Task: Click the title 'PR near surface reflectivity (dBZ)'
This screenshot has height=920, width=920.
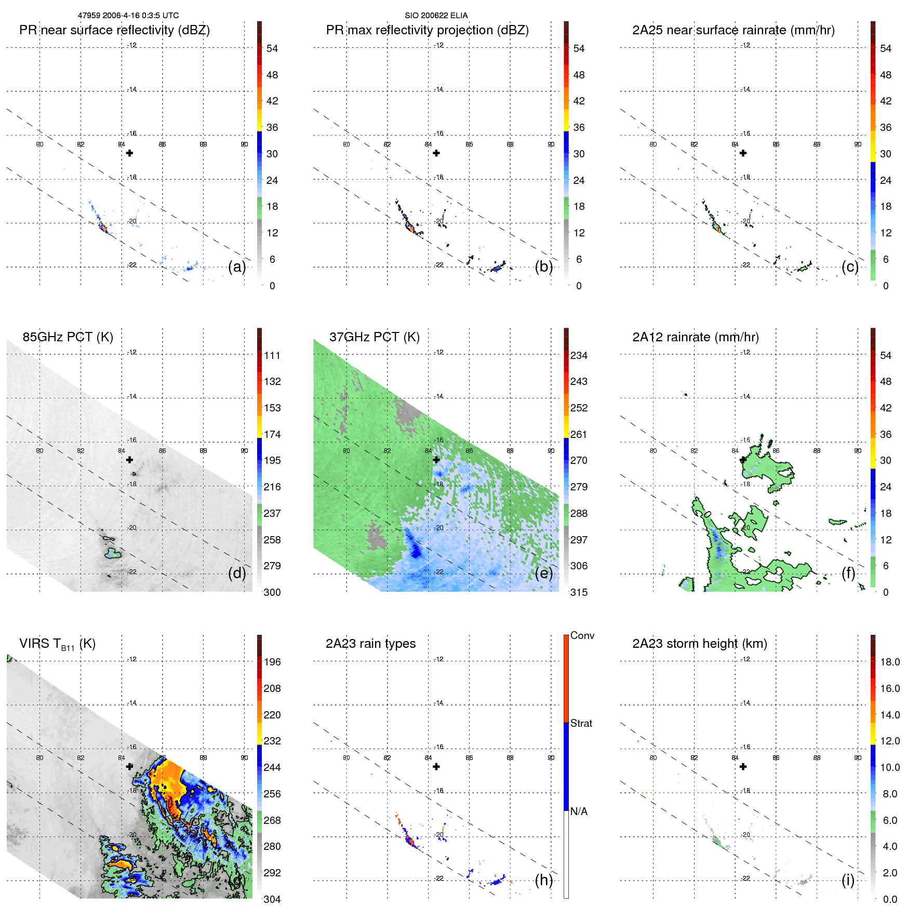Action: [114, 30]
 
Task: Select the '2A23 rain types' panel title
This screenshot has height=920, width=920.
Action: [370, 644]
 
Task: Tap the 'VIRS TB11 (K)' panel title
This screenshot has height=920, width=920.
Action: [57, 644]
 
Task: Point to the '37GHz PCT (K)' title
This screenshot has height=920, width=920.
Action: [374, 337]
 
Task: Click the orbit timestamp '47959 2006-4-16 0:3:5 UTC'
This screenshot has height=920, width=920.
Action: [128, 16]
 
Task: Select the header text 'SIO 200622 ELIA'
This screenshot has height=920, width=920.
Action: [436, 16]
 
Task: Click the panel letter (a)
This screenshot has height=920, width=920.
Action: [237, 266]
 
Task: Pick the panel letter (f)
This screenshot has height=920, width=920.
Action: [848, 573]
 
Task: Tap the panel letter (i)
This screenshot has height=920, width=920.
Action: [848, 880]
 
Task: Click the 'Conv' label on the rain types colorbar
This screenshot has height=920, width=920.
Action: [582, 635]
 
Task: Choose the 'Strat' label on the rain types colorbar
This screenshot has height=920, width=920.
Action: [581, 723]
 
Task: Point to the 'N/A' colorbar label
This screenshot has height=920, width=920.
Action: [579, 811]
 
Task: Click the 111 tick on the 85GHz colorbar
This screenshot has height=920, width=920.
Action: [272, 355]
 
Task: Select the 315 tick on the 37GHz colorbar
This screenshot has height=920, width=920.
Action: [579, 592]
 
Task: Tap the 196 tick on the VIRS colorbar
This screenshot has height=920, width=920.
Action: [272, 662]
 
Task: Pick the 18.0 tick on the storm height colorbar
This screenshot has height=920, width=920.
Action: [890, 662]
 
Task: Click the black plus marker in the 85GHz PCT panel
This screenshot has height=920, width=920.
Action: [130, 460]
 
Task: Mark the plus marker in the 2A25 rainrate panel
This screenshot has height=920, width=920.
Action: [743, 153]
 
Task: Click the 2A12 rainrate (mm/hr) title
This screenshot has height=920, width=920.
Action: [695, 337]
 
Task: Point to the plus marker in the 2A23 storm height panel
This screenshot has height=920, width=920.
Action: [743, 767]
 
